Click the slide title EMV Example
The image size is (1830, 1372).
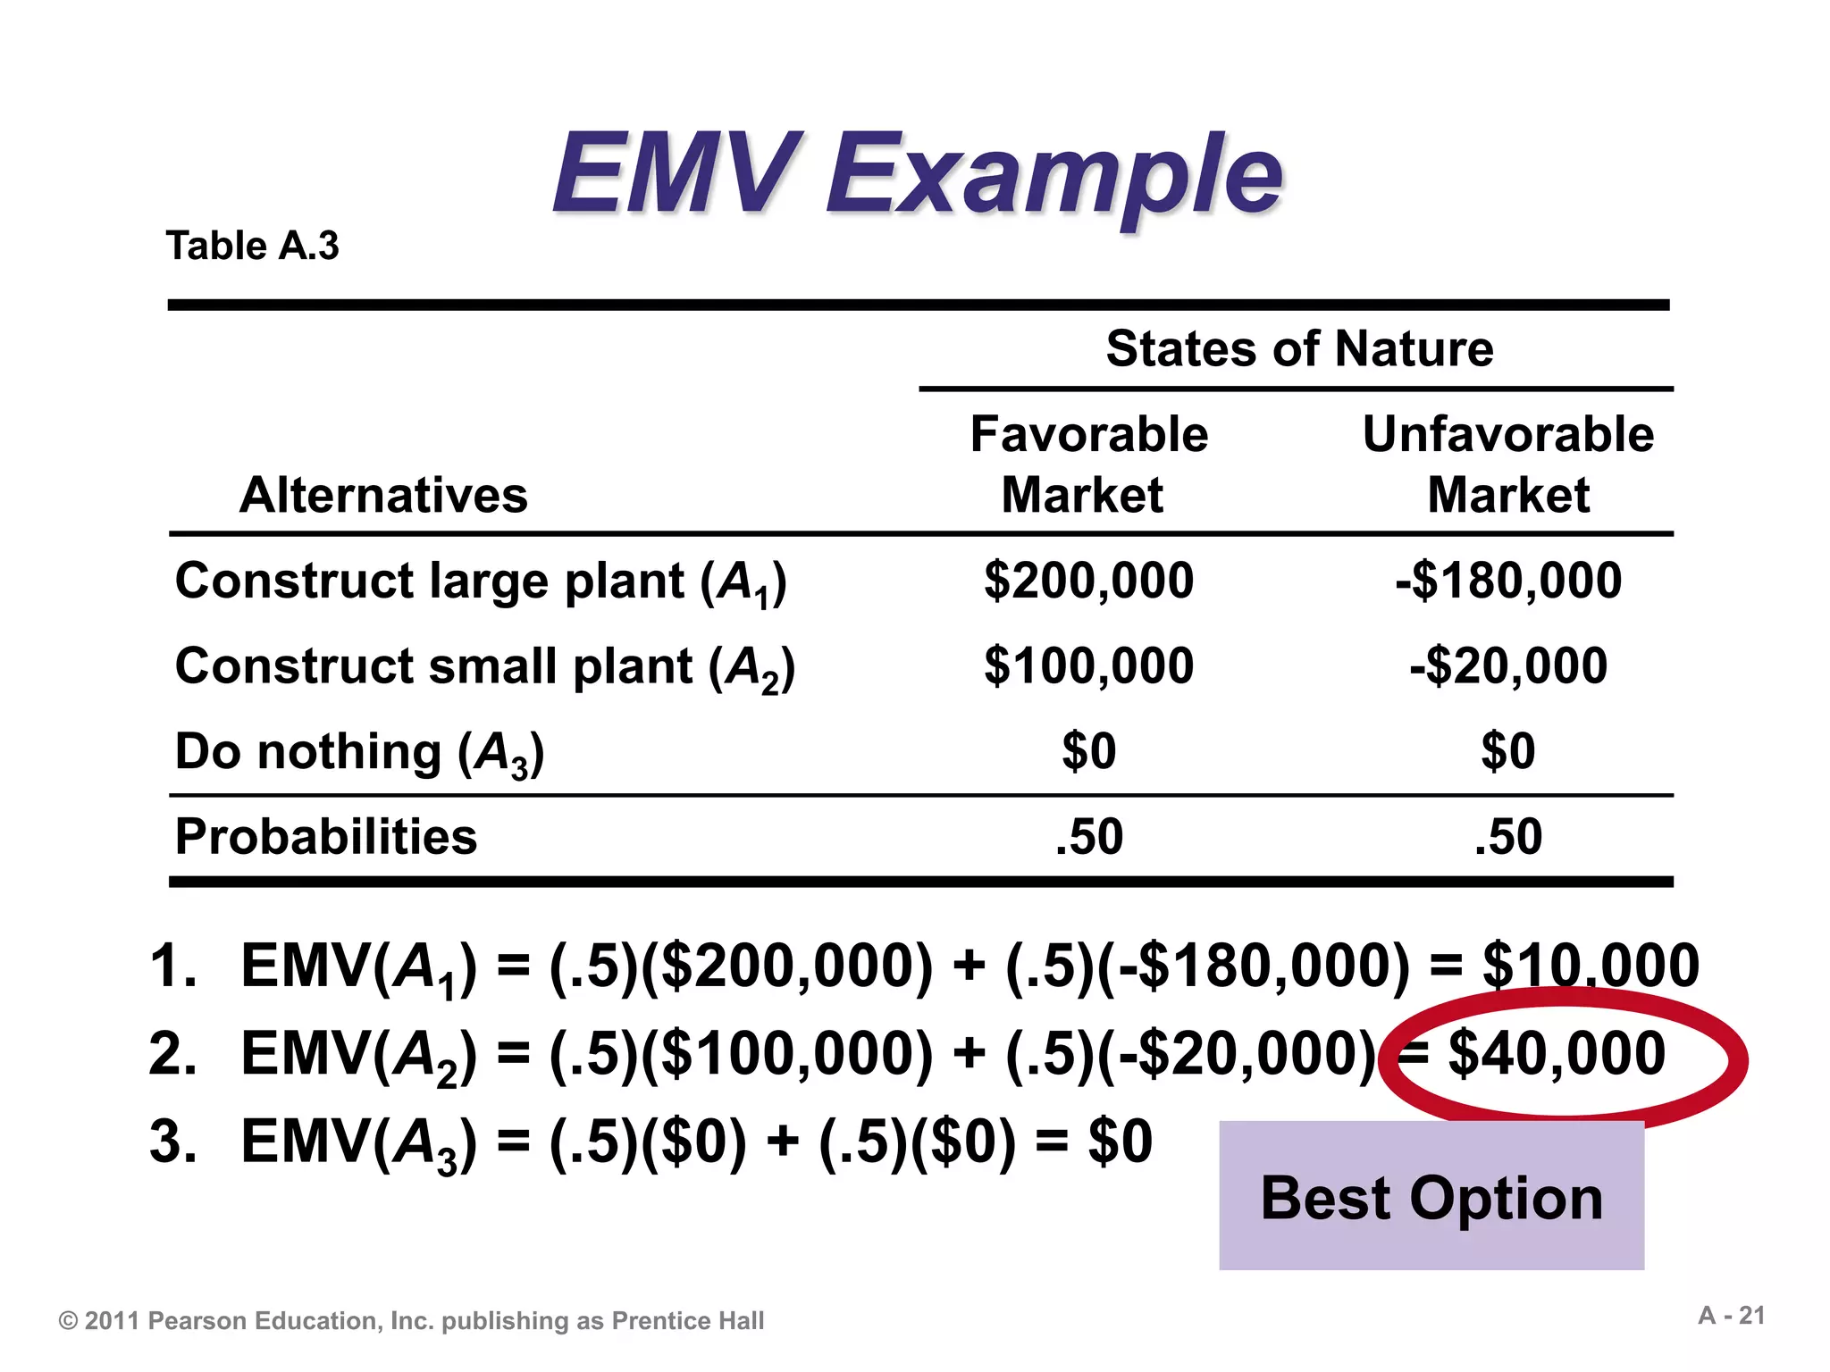point(917,174)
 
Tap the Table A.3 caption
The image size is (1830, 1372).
point(253,246)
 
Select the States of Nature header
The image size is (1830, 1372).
point(1299,348)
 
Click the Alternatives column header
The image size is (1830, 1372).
point(383,495)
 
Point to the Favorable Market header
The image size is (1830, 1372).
point(1088,464)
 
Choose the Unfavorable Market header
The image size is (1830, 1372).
point(1508,464)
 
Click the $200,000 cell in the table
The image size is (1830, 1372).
point(1088,581)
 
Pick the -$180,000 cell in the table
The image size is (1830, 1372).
point(1508,581)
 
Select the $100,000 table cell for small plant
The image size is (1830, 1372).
point(1088,666)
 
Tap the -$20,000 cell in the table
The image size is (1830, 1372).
point(1508,666)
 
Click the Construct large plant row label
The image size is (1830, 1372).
point(481,582)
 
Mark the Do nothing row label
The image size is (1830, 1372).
point(359,753)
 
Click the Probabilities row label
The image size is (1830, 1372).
point(326,837)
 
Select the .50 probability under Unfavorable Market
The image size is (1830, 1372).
point(1508,837)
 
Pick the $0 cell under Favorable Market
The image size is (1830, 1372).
point(1088,751)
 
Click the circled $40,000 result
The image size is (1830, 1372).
point(1557,1054)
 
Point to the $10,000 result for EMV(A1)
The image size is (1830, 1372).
point(1591,966)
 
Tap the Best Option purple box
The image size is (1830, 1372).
point(1431,1197)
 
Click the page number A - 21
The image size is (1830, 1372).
point(1732,1316)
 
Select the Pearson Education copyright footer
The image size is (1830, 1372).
point(411,1321)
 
